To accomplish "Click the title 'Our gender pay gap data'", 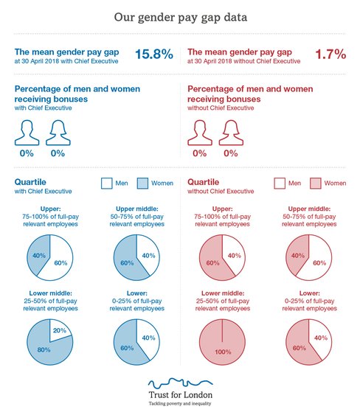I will (179, 16).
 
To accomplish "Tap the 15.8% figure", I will (153, 55).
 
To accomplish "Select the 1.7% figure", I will (331, 55).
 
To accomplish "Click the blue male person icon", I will (27, 133).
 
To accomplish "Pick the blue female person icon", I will (58, 133).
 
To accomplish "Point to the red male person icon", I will (199, 133).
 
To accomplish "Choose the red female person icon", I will (230, 133).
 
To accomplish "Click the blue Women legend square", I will (143, 182).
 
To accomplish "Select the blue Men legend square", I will (106, 182).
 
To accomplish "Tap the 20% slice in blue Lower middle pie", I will (60, 330).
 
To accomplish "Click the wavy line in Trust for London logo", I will (179, 384).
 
